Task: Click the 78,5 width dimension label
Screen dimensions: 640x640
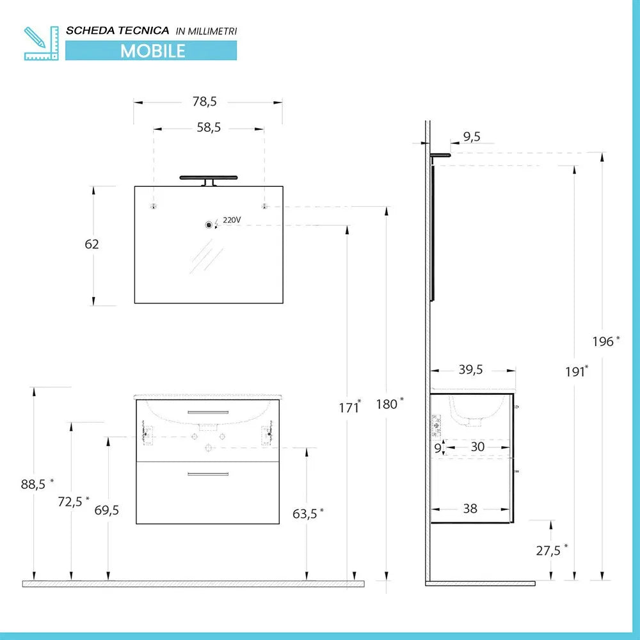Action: pos(205,101)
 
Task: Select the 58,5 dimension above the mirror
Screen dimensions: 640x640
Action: pos(209,128)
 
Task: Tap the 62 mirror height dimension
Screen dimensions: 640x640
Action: pos(92,244)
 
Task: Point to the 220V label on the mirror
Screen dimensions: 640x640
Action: pos(232,220)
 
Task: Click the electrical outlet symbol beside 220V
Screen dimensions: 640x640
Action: pos(209,225)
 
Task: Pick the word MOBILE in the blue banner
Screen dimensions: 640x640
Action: pos(152,51)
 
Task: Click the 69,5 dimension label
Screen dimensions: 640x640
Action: pos(106,510)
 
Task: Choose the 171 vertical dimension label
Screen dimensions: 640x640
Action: pos(349,406)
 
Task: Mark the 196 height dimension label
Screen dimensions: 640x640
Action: pos(604,342)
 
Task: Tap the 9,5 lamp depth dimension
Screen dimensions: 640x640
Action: pos(471,136)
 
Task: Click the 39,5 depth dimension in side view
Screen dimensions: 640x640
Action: pos(470,369)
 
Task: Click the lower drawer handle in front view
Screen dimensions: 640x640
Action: pos(207,474)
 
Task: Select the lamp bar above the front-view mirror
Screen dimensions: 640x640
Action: pos(209,177)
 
